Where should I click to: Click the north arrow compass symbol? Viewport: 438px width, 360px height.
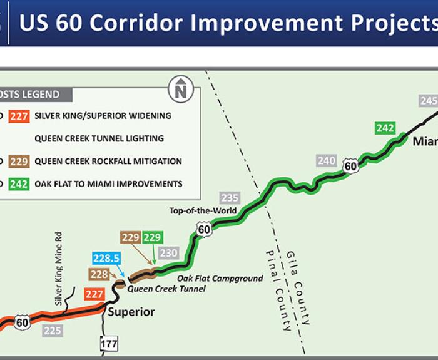tap(181, 89)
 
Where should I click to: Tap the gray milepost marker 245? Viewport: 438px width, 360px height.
tap(428, 101)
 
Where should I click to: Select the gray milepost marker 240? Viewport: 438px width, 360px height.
tap(327, 161)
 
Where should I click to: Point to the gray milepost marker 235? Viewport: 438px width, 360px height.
tap(230, 198)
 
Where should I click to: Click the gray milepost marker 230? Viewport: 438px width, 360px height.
tap(169, 253)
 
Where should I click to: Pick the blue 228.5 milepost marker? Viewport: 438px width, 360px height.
tap(106, 258)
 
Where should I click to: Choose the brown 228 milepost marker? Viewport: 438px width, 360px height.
tap(99, 274)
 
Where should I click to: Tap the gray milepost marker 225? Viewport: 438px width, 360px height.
tap(53, 331)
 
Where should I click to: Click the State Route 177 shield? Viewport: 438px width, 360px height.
tap(109, 344)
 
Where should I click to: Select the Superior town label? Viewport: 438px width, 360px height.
tap(131, 312)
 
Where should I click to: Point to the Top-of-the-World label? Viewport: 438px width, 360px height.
tap(203, 210)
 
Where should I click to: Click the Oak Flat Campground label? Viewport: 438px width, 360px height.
tap(220, 279)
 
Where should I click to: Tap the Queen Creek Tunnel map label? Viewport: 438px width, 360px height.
tap(166, 289)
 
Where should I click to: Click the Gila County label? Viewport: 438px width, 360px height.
tap(298, 288)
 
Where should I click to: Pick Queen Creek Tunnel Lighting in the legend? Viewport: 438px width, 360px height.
tap(99, 138)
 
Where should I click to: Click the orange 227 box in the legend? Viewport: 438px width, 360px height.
tap(19, 116)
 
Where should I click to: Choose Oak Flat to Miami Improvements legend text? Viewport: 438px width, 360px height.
tap(108, 184)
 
